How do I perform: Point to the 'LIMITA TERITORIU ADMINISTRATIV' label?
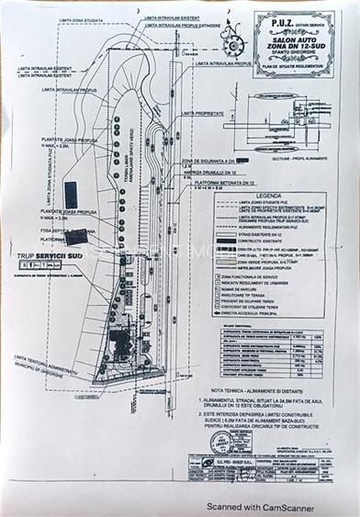[x=46, y=359]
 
